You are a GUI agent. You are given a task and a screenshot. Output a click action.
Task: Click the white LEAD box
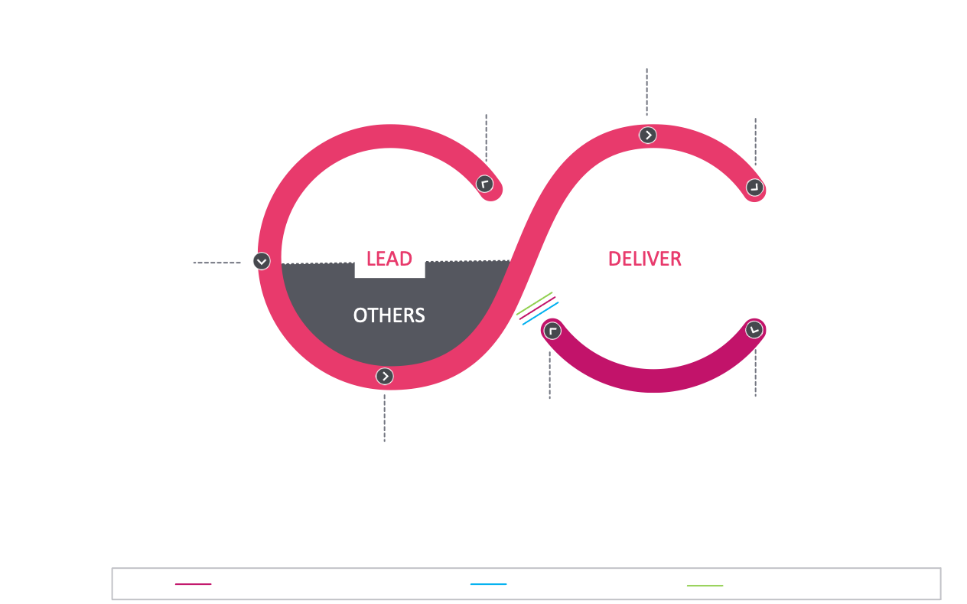click(x=389, y=259)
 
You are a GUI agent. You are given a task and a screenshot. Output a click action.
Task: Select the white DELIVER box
click(x=645, y=259)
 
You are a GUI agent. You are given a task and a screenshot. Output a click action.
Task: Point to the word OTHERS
click(x=389, y=315)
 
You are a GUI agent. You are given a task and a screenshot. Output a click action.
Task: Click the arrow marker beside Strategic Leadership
click(x=262, y=261)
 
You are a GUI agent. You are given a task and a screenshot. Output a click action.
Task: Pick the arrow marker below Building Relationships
click(x=647, y=135)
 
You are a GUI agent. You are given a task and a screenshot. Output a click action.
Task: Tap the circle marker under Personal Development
click(x=484, y=184)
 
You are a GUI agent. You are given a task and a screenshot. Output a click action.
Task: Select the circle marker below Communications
click(x=754, y=188)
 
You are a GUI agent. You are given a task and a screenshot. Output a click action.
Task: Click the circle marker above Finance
click(x=552, y=331)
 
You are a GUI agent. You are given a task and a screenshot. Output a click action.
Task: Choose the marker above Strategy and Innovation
click(x=754, y=330)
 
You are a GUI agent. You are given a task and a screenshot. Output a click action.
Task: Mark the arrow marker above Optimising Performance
click(x=384, y=376)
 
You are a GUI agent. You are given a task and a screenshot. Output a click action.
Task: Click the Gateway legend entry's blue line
click(x=489, y=586)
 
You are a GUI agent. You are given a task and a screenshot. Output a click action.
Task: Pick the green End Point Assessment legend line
click(x=705, y=586)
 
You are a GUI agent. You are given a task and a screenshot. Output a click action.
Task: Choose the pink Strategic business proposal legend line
click(x=193, y=586)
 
